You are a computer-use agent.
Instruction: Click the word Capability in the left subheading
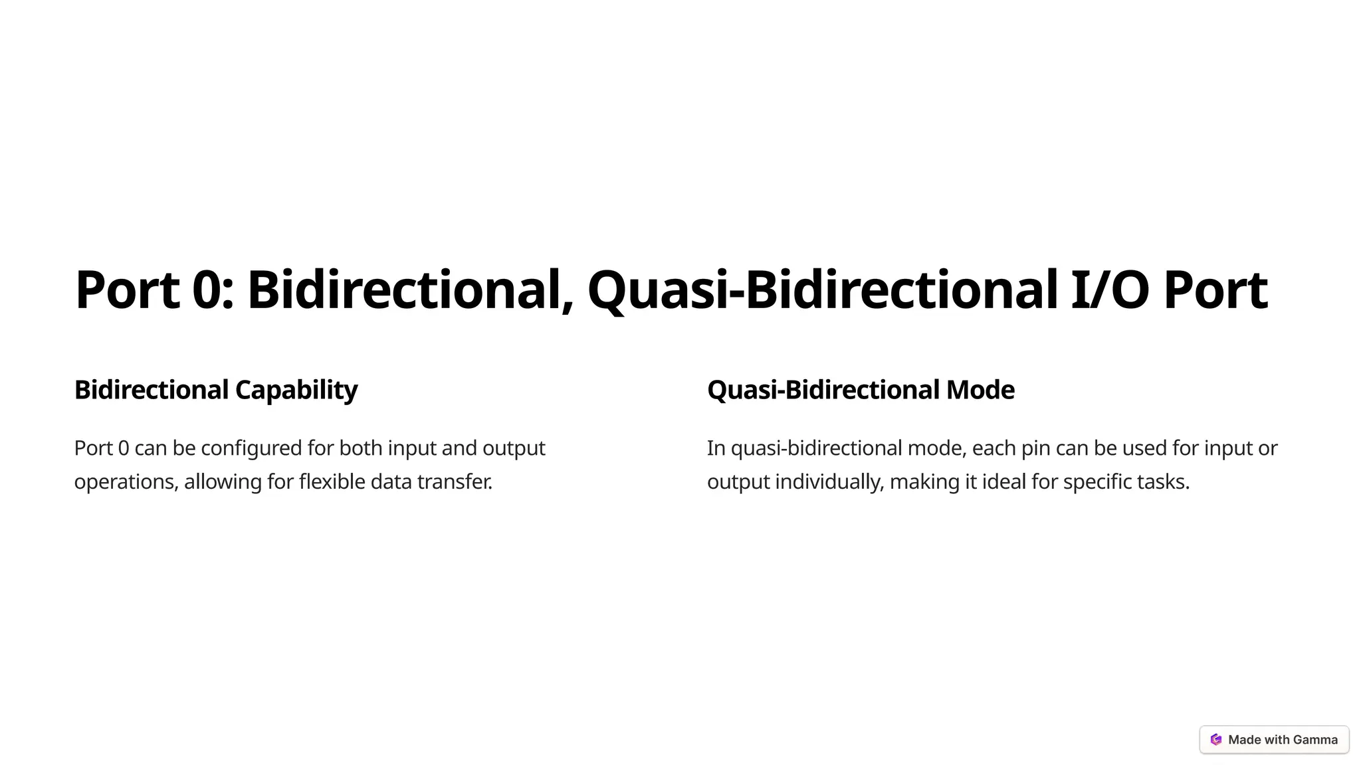(x=296, y=390)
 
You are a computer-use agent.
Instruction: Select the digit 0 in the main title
(x=208, y=290)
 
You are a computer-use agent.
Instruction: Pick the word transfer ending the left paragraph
(x=455, y=481)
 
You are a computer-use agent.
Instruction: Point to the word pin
(x=1035, y=448)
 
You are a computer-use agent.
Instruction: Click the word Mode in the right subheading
(x=980, y=390)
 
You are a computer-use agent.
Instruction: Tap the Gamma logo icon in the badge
(x=1216, y=740)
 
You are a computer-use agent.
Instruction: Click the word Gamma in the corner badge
(x=1315, y=740)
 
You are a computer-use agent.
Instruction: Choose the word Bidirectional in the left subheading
(x=152, y=390)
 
